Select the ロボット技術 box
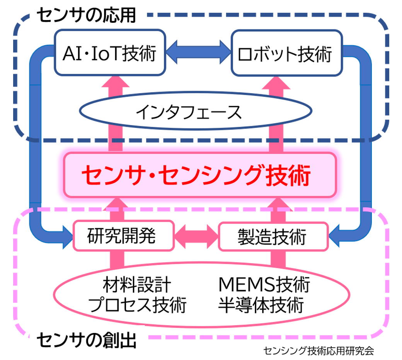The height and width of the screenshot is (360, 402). [x=286, y=53]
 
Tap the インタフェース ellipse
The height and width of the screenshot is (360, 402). [x=195, y=112]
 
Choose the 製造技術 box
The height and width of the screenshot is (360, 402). [x=273, y=236]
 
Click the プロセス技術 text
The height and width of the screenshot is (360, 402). [x=138, y=305]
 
